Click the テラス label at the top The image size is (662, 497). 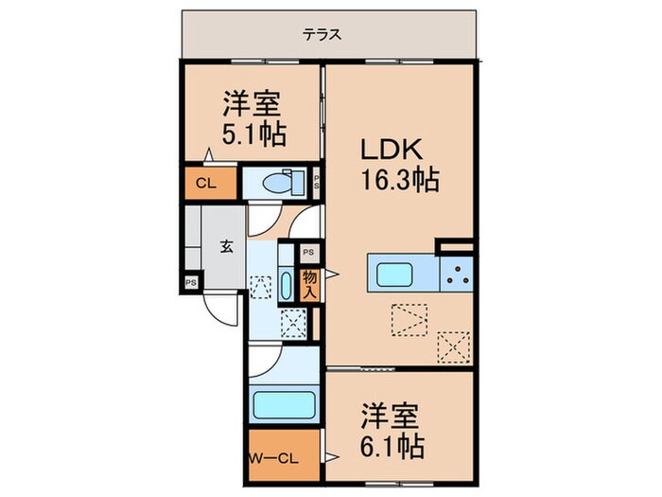pyautogui.click(x=322, y=35)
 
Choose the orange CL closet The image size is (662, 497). pyautogui.click(x=206, y=184)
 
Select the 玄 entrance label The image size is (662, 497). pyautogui.click(x=227, y=248)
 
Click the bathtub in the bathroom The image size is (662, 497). pyautogui.click(x=284, y=405)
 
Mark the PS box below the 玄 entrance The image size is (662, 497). pyautogui.click(x=191, y=282)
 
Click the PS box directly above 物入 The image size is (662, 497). pyautogui.click(x=308, y=254)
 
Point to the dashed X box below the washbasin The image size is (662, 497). pyautogui.click(x=292, y=324)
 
